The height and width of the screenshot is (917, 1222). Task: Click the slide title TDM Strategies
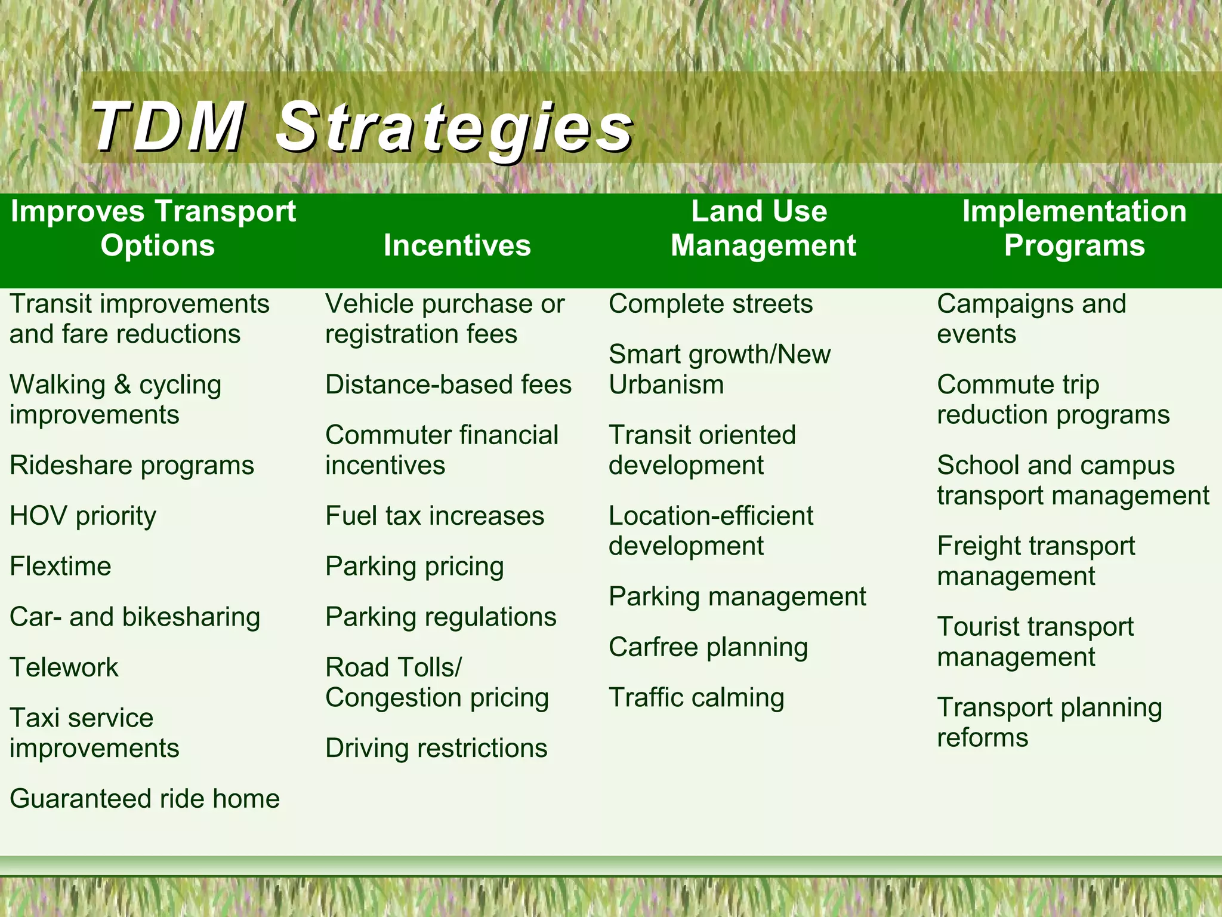tap(362, 127)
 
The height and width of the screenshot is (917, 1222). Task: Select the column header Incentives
tap(457, 245)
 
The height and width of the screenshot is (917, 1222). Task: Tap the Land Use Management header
tap(763, 229)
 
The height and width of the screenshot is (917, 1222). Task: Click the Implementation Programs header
tap(1074, 229)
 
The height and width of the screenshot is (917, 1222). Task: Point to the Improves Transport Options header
tap(154, 229)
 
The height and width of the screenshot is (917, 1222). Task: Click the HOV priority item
tap(83, 516)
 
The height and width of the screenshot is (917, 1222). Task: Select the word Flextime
tap(60, 566)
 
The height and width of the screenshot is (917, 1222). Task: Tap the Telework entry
tap(64, 667)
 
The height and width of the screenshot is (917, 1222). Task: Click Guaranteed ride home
tap(144, 799)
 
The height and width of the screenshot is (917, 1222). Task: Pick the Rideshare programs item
tap(132, 465)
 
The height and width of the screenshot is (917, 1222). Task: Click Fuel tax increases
tap(434, 516)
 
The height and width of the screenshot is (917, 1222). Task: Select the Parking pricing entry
tap(414, 567)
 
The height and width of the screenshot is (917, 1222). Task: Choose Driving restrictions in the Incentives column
tap(436, 748)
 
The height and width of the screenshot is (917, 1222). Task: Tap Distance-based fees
tap(448, 384)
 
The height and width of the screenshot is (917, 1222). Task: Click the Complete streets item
tap(710, 304)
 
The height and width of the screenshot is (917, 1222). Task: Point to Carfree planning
tap(708, 647)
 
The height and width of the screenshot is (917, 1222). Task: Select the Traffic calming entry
tap(696, 698)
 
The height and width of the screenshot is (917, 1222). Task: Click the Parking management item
tap(737, 596)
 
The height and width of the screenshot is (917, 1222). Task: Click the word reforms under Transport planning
tap(982, 738)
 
